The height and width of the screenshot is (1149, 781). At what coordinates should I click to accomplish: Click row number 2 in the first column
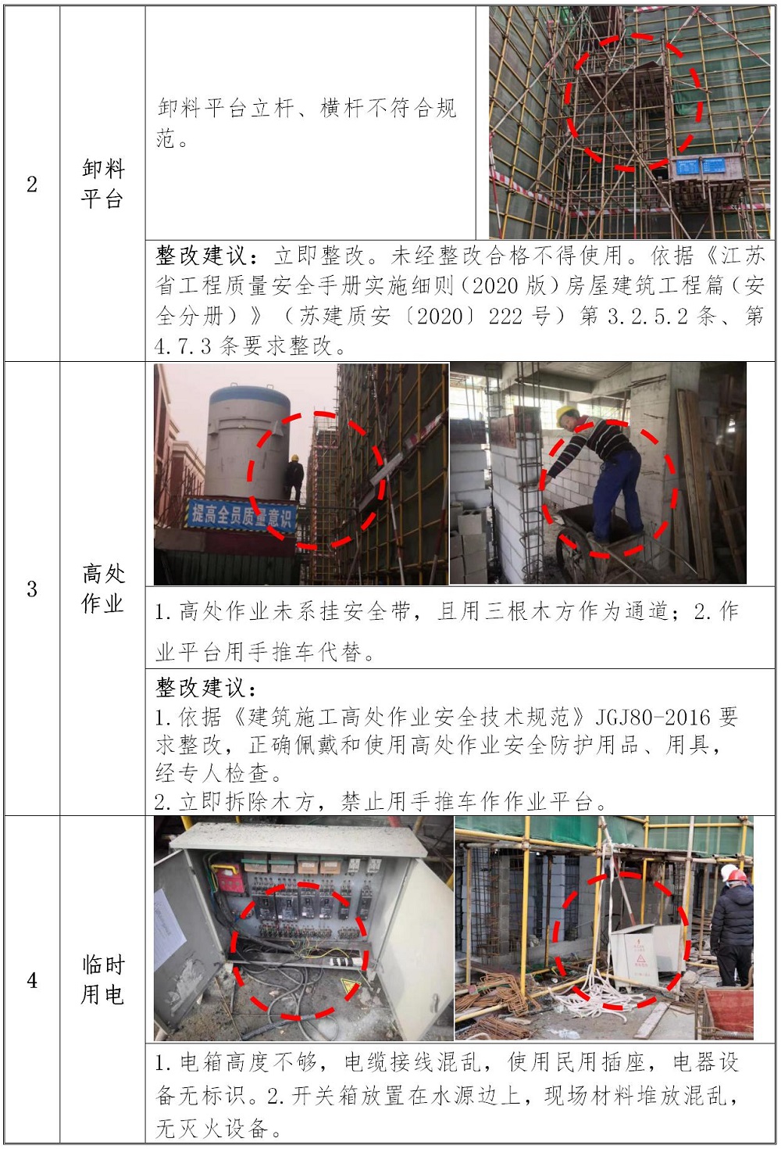[x=32, y=184]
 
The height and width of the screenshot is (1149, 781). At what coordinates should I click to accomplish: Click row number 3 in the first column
[x=32, y=589]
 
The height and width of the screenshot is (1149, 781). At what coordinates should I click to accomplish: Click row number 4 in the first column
[x=32, y=980]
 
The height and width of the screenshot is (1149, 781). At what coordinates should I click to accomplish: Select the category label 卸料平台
[x=102, y=184]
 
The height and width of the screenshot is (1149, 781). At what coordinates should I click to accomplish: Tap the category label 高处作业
[x=102, y=589]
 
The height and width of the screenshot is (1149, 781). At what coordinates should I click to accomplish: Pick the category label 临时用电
[x=102, y=980]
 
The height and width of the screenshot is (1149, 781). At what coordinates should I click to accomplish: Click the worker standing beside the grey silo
[x=294, y=478]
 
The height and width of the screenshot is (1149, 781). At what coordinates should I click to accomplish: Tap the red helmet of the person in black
[x=737, y=876]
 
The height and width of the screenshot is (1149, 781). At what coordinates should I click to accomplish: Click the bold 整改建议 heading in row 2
[x=207, y=256]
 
